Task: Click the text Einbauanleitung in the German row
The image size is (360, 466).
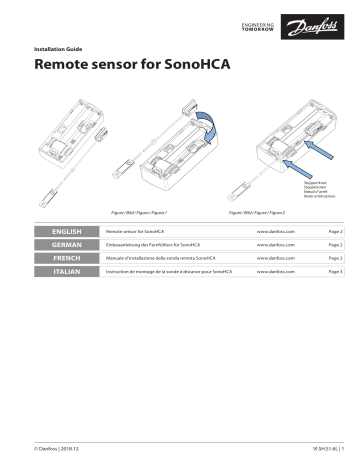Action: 128,244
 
